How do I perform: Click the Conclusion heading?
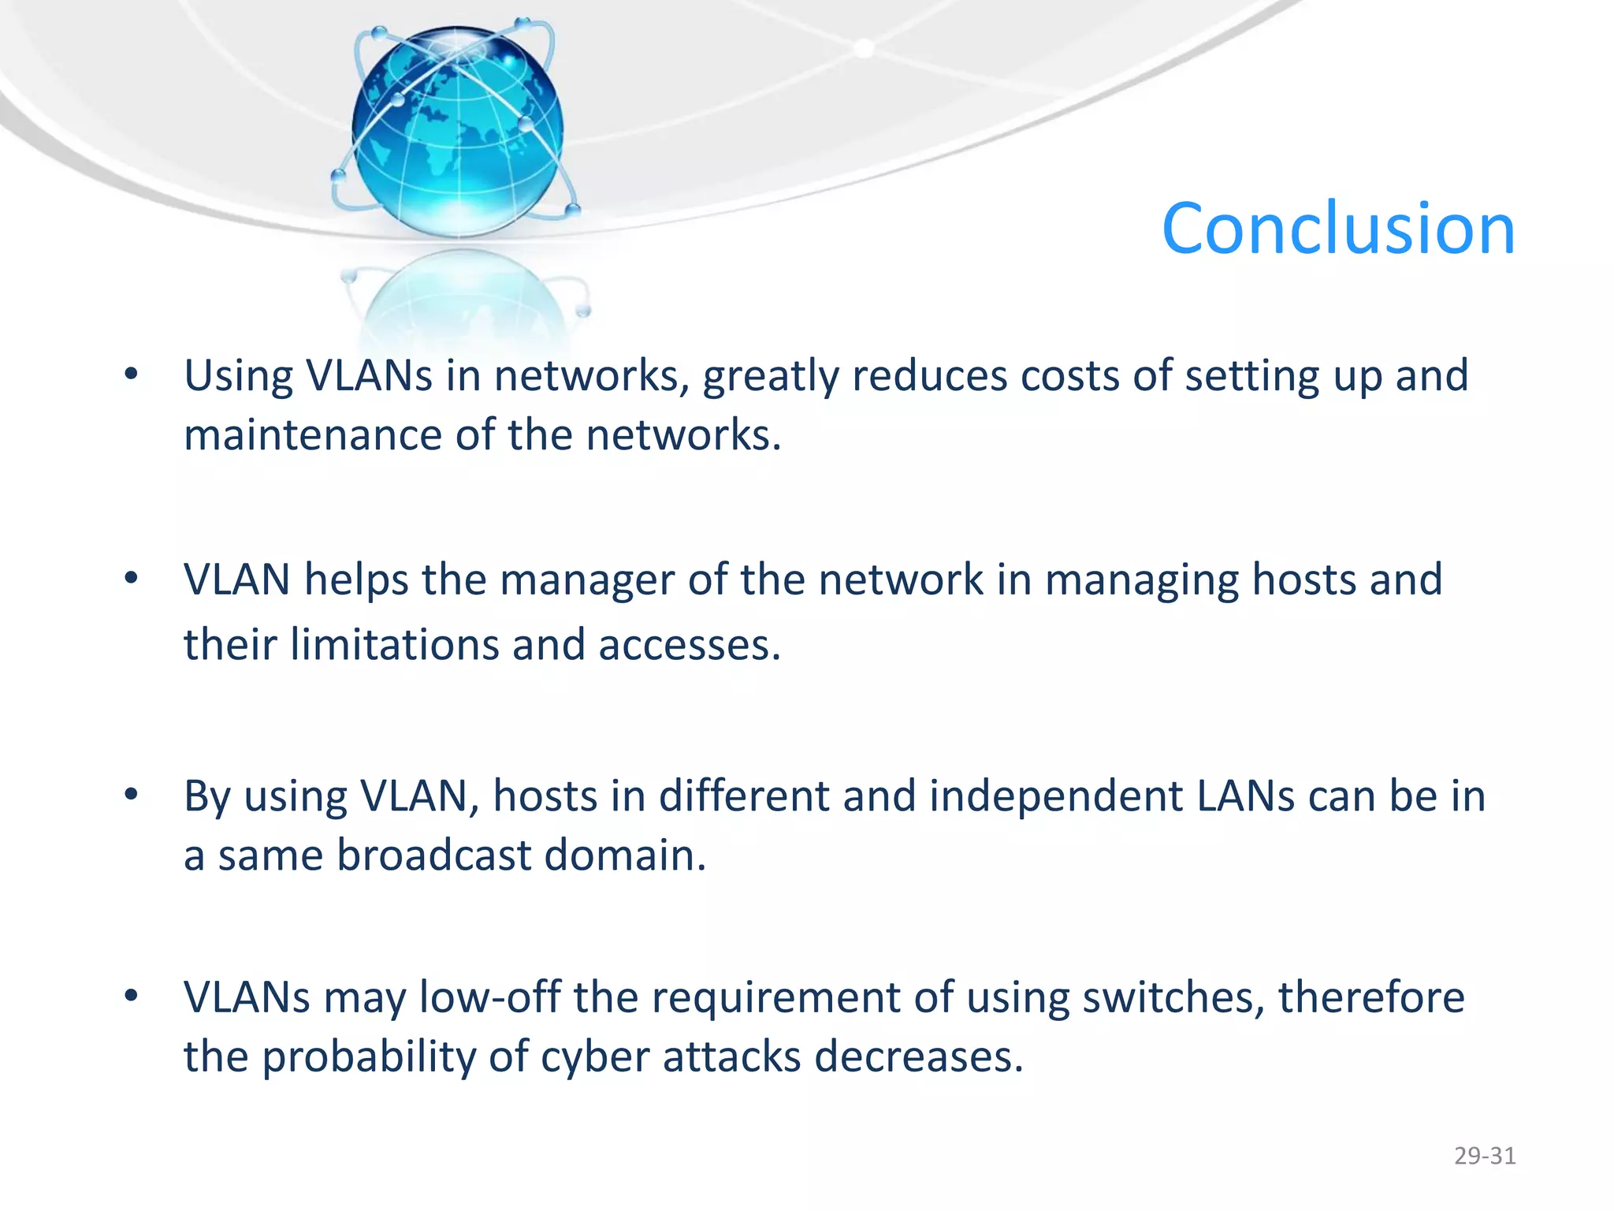[1338, 229]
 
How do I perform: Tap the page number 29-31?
[1485, 1156]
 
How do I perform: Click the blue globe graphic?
[457, 130]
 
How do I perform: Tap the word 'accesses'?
[689, 645]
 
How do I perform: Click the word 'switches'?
[1173, 997]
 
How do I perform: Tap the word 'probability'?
[369, 1057]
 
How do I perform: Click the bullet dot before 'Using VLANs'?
[132, 375]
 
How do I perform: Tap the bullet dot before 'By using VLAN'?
[132, 796]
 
